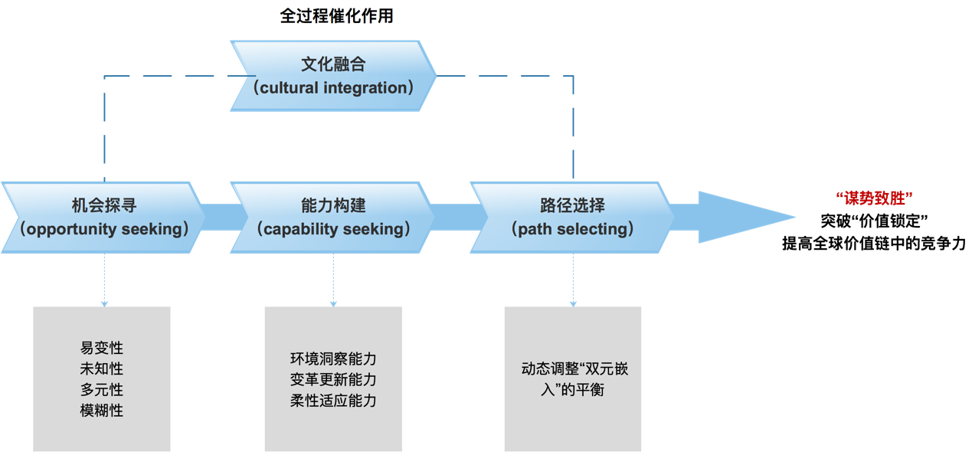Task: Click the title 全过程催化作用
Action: tap(336, 15)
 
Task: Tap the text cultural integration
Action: tap(333, 87)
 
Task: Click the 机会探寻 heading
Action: tap(104, 205)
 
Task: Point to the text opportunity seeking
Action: tap(104, 228)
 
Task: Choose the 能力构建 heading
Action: tap(333, 205)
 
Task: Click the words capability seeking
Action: tap(333, 228)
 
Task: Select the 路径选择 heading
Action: tap(572, 205)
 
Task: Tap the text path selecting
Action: tap(572, 228)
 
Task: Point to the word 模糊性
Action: tap(102, 411)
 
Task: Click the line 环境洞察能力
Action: tap(333, 359)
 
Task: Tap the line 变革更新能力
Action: tap(333, 379)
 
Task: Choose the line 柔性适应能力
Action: tap(333, 400)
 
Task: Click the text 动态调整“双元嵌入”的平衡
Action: tap(573, 379)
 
